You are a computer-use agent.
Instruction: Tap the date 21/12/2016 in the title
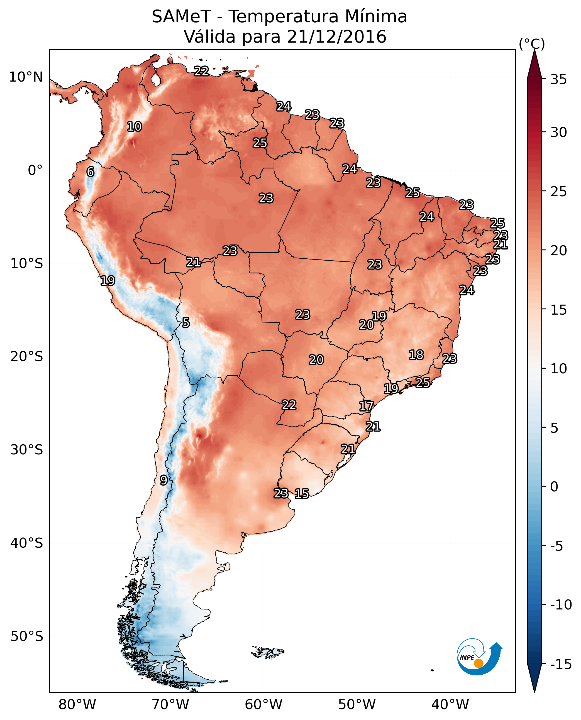pyautogui.click(x=337, y=36)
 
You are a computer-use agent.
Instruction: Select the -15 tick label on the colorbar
pyautogui.click(x=561, y=665)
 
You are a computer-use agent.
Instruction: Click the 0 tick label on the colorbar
pyautogui.click(x=554, y=487)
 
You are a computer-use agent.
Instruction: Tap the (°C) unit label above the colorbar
pyautogui.click(x=532, y=44)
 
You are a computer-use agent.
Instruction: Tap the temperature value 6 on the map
pyautogui.click(x=90, y=172)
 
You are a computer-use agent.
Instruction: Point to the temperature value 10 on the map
pyautogui.click(x=135, y=126)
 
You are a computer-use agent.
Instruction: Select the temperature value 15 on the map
pyautogui.click(x=302, y=493)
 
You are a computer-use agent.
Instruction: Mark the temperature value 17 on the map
pyautogui.click(x=366, y=406)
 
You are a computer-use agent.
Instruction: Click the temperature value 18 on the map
pyautogui.click(x=416, y=355)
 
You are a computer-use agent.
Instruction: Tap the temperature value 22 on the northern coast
pyautogui.click(x=201, y=71)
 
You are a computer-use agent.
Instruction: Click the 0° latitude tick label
pyautogui.click(x=35, y=170)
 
